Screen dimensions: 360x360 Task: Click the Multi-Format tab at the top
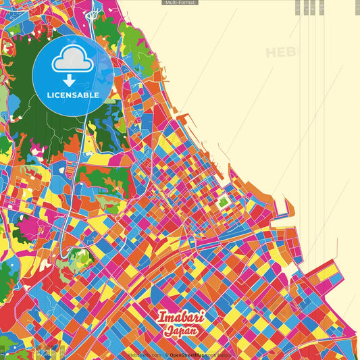coord(180,3)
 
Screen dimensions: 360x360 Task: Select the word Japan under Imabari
coord(180,331)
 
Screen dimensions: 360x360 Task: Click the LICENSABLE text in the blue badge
coord(73,95)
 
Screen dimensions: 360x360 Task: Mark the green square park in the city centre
coord(223,201)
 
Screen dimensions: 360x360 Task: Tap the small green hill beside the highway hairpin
coord(80,257)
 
